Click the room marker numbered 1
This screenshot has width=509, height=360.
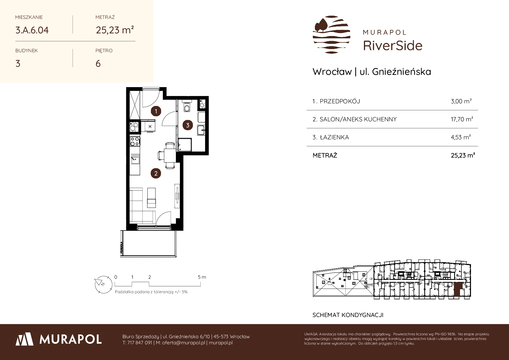156,111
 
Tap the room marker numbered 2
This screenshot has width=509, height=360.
156,174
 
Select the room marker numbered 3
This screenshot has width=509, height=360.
188,125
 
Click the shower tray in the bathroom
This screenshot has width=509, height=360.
185,145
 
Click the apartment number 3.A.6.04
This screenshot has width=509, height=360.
32,30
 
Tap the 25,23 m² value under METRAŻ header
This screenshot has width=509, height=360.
115,30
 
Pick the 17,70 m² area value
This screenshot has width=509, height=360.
462,119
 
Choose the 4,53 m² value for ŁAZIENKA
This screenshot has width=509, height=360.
461,137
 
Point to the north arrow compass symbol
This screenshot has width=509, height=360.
103,284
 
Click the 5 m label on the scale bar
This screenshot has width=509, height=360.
202,277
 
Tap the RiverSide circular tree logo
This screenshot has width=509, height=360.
331,35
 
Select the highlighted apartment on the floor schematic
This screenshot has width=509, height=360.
457,290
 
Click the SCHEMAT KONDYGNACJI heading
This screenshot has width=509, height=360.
348,315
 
